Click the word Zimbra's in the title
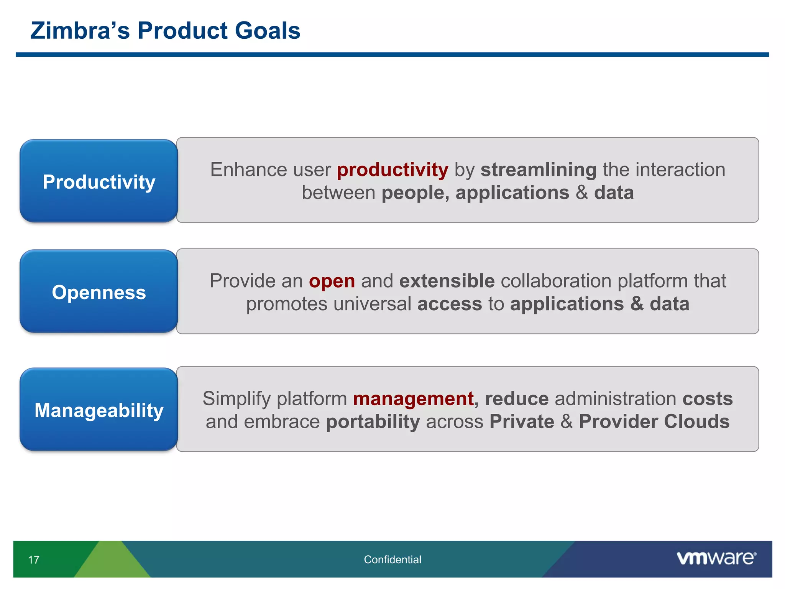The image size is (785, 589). coord(80,31)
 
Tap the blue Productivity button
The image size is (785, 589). coord(99,181)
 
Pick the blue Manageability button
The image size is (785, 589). coord(99,410)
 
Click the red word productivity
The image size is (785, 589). coord(392,170)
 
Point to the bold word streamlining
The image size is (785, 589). coord(539,170)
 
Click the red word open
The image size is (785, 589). coord(332,281)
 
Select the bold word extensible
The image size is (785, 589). coord(447,281)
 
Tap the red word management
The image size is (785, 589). coord(413,399)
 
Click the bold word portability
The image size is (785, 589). coord(373,422)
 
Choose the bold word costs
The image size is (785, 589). coord(708,399)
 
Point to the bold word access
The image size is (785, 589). coord(450,304)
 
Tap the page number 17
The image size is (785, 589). coord(34,560)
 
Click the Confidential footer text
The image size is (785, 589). coord(392,560)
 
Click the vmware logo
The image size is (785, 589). coord(716,558)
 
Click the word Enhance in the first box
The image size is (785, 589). coord(248,170)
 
